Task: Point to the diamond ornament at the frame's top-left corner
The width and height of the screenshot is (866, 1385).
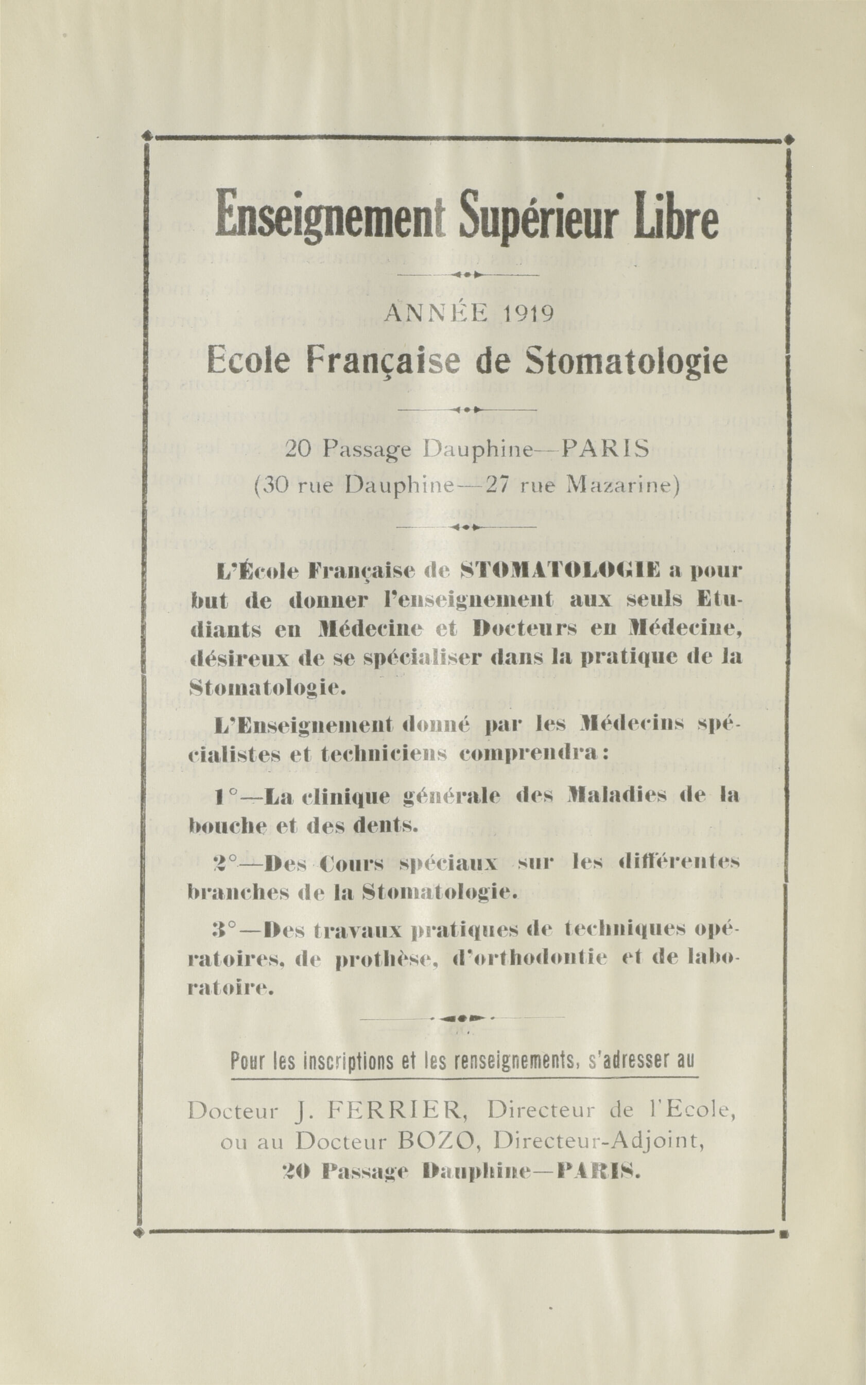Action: tap(147, 136)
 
